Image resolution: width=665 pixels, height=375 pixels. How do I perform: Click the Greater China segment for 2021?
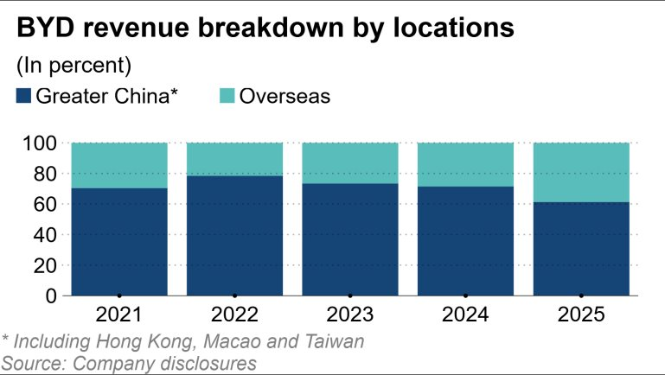(118, 242)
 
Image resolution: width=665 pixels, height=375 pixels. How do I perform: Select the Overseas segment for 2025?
(580, 172)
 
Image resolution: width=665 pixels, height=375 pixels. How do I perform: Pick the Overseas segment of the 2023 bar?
(349, 162)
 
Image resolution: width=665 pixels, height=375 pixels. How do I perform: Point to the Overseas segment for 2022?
(234, 159)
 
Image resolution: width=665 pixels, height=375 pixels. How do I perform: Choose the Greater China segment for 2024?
(465, 240)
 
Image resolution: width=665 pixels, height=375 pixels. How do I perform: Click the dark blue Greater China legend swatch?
(23, 95)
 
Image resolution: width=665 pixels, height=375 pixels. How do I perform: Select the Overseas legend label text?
(285, 95)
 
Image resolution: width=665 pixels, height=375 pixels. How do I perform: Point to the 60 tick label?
(47, 204)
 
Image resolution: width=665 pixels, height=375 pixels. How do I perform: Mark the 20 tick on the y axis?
(47, 265)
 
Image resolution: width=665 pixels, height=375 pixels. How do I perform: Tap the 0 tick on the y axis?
(52, 296)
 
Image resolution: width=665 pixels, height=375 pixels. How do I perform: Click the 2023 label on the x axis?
(349, 313)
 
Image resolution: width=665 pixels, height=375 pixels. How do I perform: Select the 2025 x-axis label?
(580, 313)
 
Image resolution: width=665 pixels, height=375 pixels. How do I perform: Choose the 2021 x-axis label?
(118, 313)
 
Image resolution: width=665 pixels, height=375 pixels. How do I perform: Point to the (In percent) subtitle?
(73, 65)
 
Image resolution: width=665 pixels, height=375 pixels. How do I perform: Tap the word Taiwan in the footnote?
(332, 340)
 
